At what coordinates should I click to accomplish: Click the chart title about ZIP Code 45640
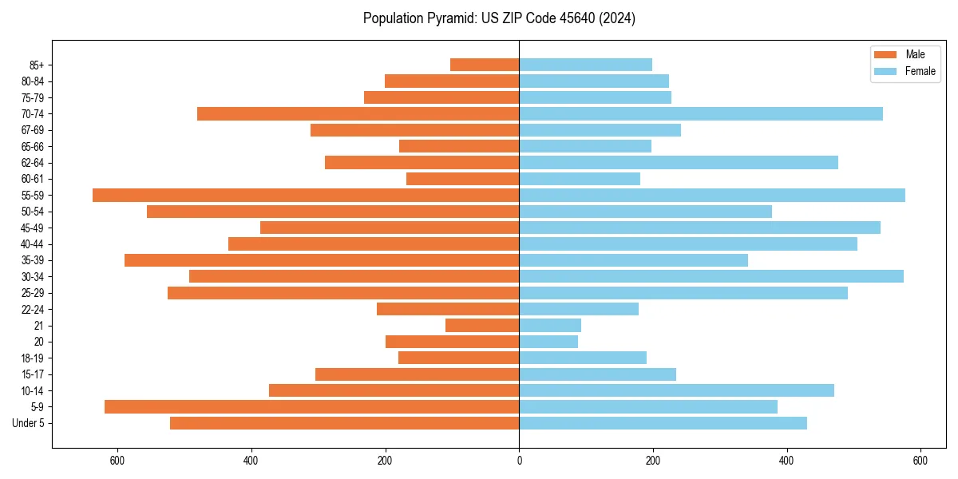499,18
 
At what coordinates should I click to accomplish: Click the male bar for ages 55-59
306,195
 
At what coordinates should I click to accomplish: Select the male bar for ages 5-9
312,406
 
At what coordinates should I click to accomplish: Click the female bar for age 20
548,342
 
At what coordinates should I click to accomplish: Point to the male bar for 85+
485,65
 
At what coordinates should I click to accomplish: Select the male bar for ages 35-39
322,260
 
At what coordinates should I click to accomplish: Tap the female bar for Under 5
663,423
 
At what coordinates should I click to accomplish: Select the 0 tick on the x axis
519,461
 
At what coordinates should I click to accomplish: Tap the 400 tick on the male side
251,461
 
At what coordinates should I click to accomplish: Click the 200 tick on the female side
653,461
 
